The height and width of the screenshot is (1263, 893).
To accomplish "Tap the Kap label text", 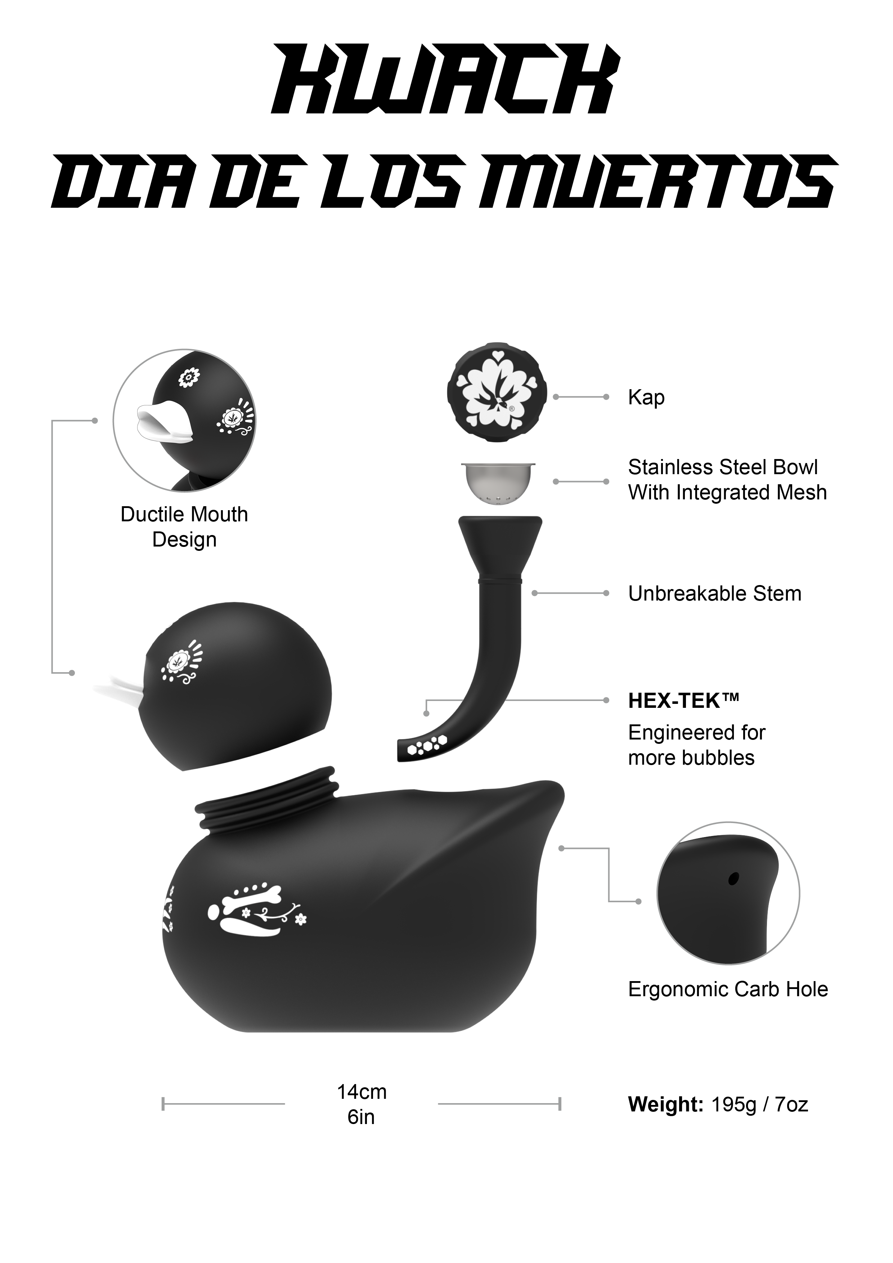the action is tap(646, 397).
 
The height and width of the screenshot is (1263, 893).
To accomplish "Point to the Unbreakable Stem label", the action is tap(715, 594).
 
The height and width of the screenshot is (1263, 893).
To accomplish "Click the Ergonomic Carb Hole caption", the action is tap(728, 990).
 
